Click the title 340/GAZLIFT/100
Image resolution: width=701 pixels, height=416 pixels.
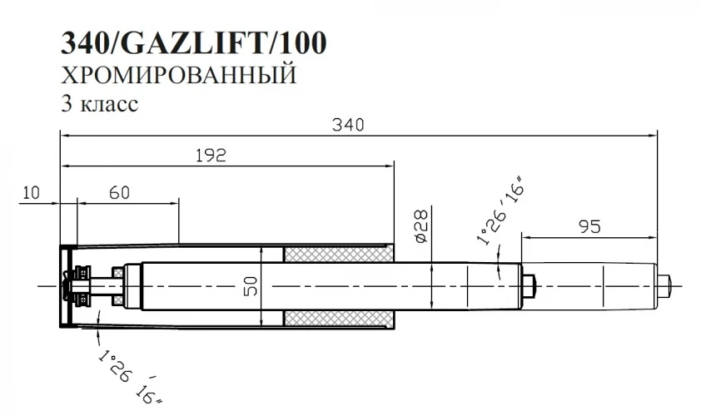pyautogui.click(x=192, y=43)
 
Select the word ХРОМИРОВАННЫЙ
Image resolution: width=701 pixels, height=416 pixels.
pyautogui.click(x=179, y=77)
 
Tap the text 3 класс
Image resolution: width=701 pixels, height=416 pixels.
pyautogui.click(x=98, y=105)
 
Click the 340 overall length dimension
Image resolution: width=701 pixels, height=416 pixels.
pyautogui.click(x=349, y=126)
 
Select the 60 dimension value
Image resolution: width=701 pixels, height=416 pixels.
pyautogui.click(x=119, y=192)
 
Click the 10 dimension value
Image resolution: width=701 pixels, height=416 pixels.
pyautogui.click(x=30, y=192)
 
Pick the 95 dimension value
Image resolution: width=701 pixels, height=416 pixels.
pyautogui.click(x=589, y=225)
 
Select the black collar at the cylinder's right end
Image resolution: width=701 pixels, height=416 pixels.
pyautogui.click(x=528, y=286)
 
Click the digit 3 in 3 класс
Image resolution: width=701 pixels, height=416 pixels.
pyautogui.click(x=64, y=105)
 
